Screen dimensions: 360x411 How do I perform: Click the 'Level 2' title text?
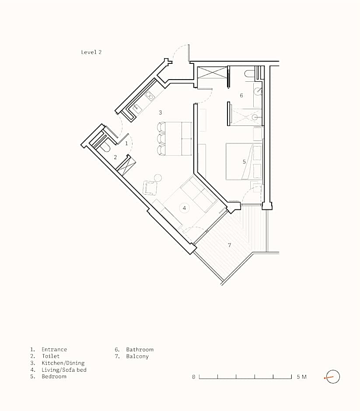91,52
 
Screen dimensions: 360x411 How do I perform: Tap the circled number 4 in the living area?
184,208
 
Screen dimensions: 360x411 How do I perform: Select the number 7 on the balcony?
229,245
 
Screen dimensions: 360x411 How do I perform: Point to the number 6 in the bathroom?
241,95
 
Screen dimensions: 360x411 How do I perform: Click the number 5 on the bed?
244,162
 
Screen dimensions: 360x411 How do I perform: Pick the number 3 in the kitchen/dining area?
161,112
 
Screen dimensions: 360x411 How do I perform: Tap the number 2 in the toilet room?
115,157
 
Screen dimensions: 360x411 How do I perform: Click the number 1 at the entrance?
126,143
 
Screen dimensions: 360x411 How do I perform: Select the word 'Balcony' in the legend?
137,356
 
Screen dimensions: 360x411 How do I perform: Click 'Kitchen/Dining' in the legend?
63,363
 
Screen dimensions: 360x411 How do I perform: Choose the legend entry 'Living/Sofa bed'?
64,370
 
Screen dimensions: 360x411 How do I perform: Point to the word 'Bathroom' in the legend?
140,349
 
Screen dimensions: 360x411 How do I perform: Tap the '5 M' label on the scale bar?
301,377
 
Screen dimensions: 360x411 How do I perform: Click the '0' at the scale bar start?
193,377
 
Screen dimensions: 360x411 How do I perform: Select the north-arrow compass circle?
333,376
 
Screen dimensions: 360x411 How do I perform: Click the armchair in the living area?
150,188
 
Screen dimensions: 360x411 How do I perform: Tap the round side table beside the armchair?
158,178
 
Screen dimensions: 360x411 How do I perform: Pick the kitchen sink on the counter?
136,108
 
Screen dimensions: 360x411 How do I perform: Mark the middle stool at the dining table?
161,139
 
